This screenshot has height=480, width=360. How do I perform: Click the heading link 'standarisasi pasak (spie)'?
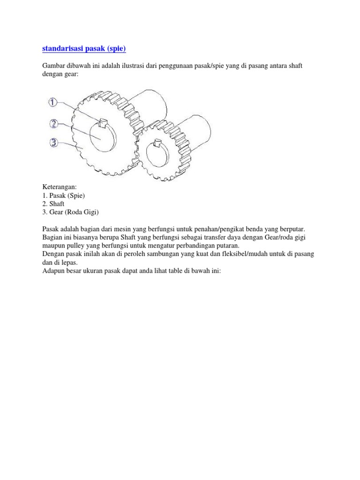(x=84, y=48)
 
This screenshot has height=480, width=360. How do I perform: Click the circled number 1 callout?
(x=53, y=102)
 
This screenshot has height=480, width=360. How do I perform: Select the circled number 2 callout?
(x=54, y=124)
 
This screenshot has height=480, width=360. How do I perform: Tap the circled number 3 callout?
(x=54, y=142)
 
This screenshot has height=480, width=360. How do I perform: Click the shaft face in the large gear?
(x=101, y=135)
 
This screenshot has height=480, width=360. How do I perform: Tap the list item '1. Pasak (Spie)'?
(x=64, y=195)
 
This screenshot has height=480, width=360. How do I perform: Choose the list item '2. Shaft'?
(x=53, y=204)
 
